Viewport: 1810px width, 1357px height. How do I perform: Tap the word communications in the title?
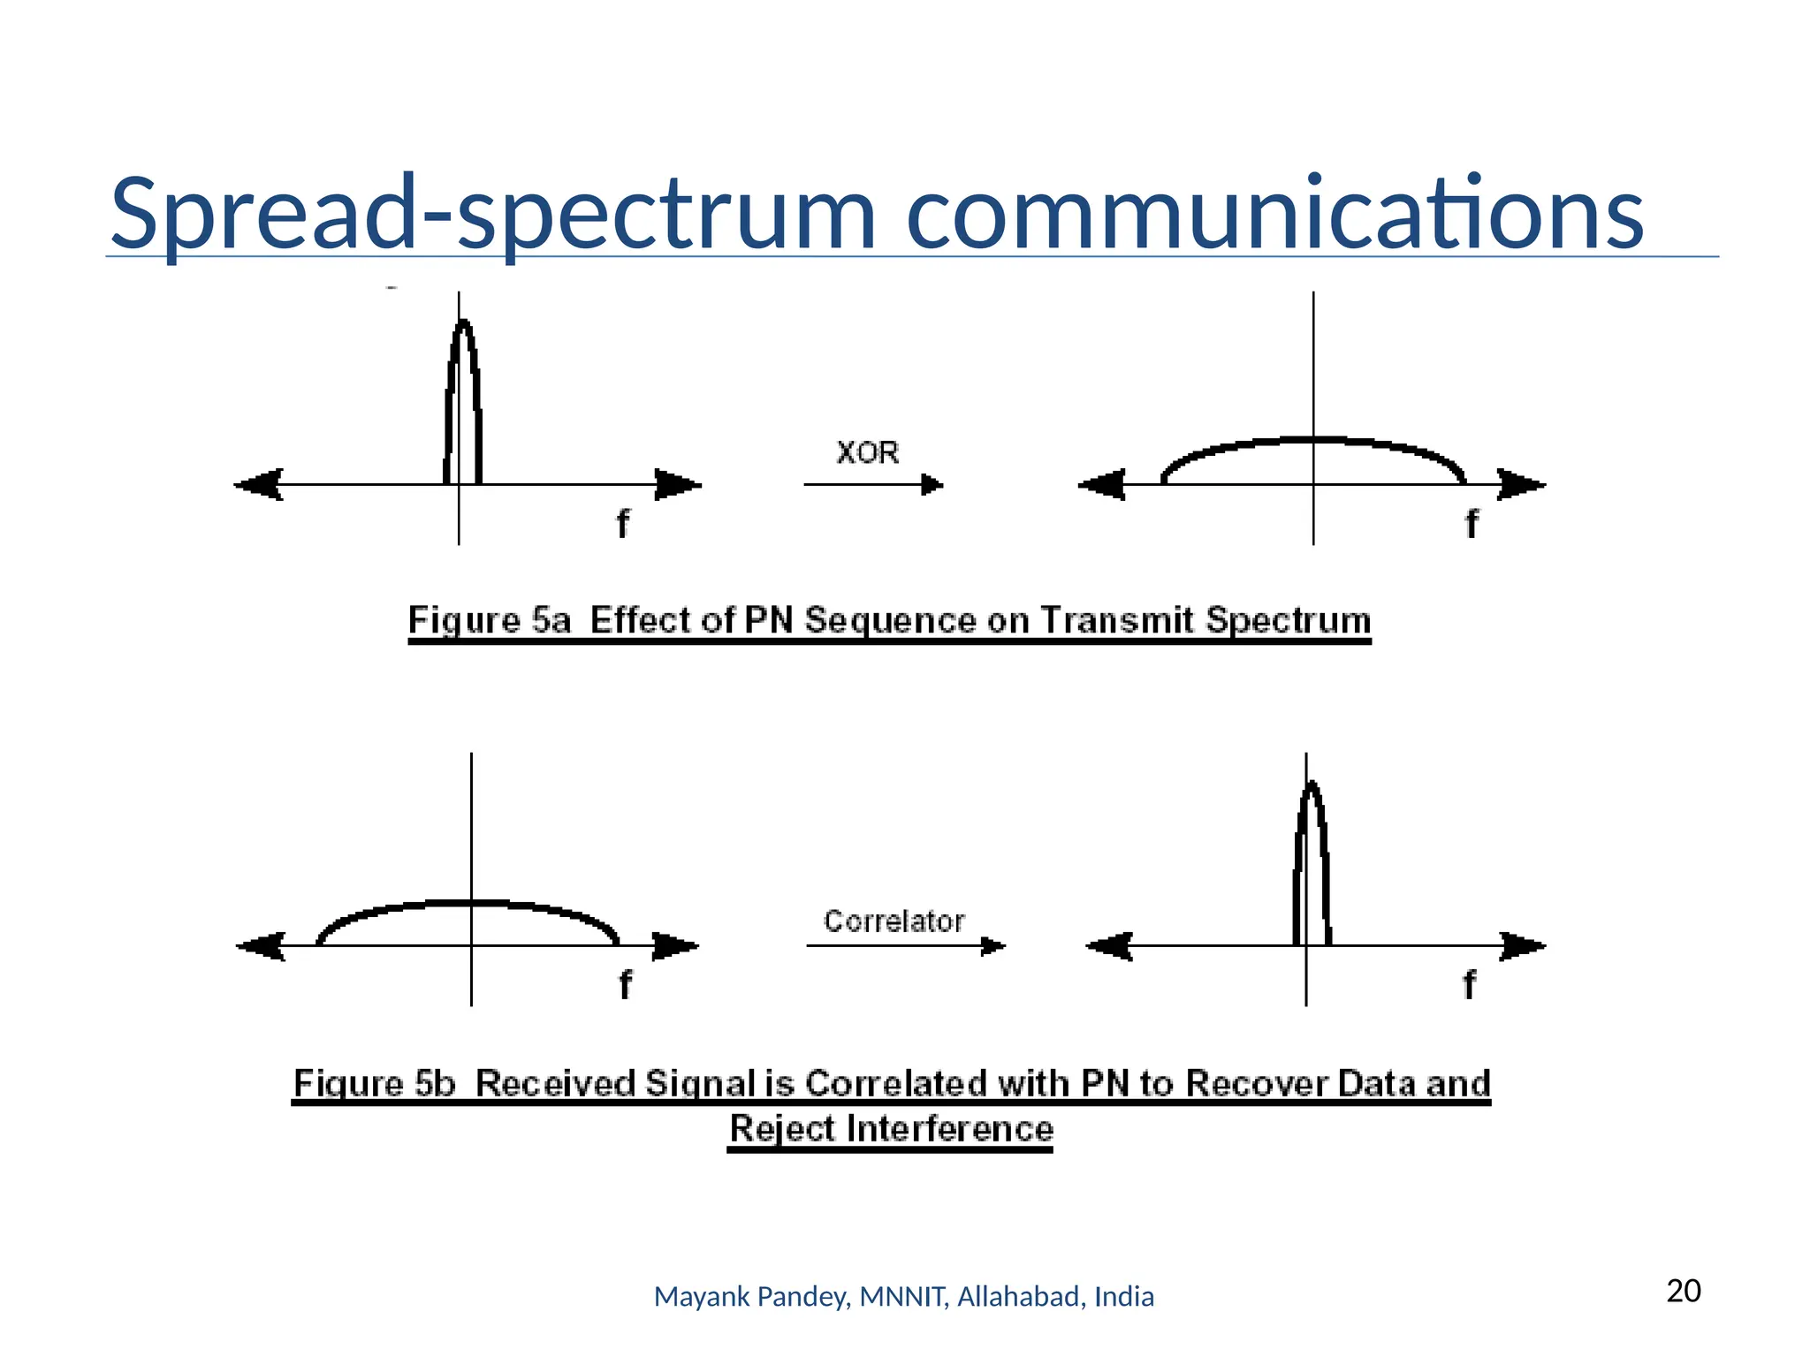tap(1274, 214)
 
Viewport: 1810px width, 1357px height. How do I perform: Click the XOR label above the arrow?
tap(867, 452)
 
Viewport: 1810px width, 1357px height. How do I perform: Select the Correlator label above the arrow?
tap(894, 921)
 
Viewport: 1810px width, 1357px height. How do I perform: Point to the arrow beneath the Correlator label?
tap(905, 946)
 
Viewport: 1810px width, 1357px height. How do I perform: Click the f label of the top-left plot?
tap(623, 524)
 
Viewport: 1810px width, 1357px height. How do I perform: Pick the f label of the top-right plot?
tap(1472, 524)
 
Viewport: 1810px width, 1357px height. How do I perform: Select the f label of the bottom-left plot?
tap(625, 984)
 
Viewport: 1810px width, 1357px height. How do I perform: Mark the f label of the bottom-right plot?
tap(1469, 984)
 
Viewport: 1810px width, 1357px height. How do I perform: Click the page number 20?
tap(1684, 1291)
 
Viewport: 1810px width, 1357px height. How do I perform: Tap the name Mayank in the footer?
tap(688, 1297)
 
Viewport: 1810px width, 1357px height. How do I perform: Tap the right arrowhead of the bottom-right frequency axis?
tap(1523, 946)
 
